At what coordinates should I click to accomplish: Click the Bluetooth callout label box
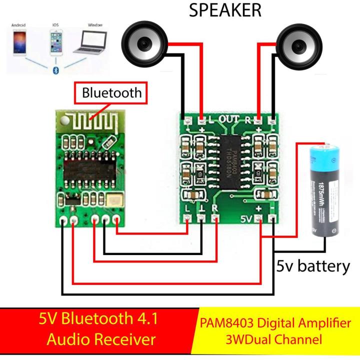point(111,92)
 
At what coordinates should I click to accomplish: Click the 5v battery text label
point(313,266)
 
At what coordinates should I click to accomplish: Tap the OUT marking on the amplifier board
point(230,119)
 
